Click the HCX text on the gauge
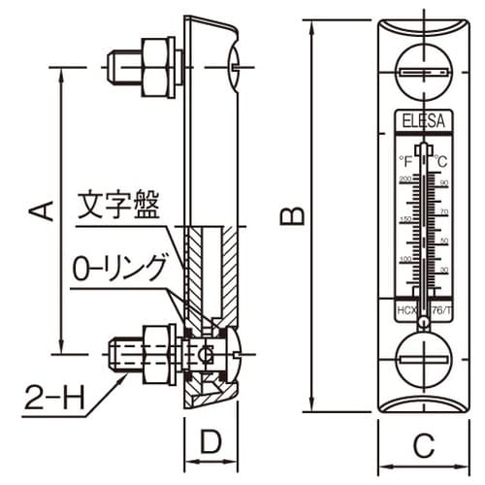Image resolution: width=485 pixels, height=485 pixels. (404, 309)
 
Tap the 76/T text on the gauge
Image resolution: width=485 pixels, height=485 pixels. (441, 309)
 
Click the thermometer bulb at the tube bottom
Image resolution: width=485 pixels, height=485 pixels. (423, 310)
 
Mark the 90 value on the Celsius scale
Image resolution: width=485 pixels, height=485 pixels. (443, 182)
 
